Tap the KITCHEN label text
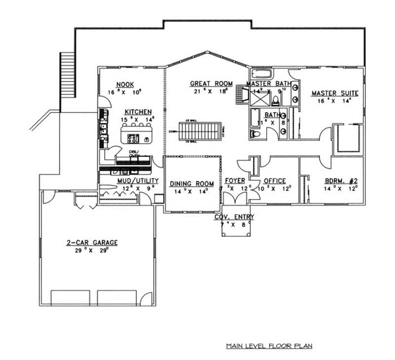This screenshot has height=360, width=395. click(138, 112)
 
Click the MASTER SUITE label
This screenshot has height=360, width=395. click(334, 93)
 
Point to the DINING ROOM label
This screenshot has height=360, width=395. click(192, 184)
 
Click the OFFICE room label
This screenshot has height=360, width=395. click(275, 181)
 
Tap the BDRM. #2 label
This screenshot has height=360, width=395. click(341, 181)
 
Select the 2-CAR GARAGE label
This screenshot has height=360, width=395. click(92, 242)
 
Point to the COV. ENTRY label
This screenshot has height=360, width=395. click(234, 217)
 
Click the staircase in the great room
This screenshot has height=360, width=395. click(200, 132)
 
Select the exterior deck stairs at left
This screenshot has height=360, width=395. click(67, 74)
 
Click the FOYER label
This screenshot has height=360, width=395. click(235, 181)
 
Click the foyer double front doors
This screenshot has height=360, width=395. click(235, 199)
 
